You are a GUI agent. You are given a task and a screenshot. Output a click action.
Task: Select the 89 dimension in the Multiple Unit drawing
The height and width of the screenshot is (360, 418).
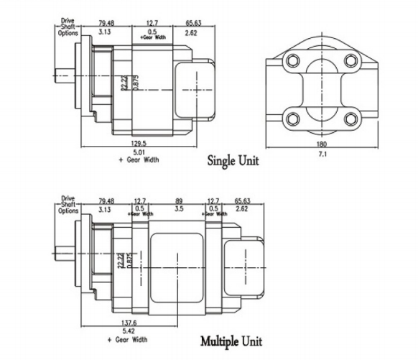click(x=177, y=201)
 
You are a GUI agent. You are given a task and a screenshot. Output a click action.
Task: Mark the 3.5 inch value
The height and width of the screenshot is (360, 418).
click(x=177, y=209)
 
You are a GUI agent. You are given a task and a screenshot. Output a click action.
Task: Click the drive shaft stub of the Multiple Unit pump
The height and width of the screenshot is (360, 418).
click(x=62, y=253)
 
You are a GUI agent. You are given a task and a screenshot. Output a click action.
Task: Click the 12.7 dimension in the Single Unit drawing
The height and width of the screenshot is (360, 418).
click(x=152, y=23)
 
